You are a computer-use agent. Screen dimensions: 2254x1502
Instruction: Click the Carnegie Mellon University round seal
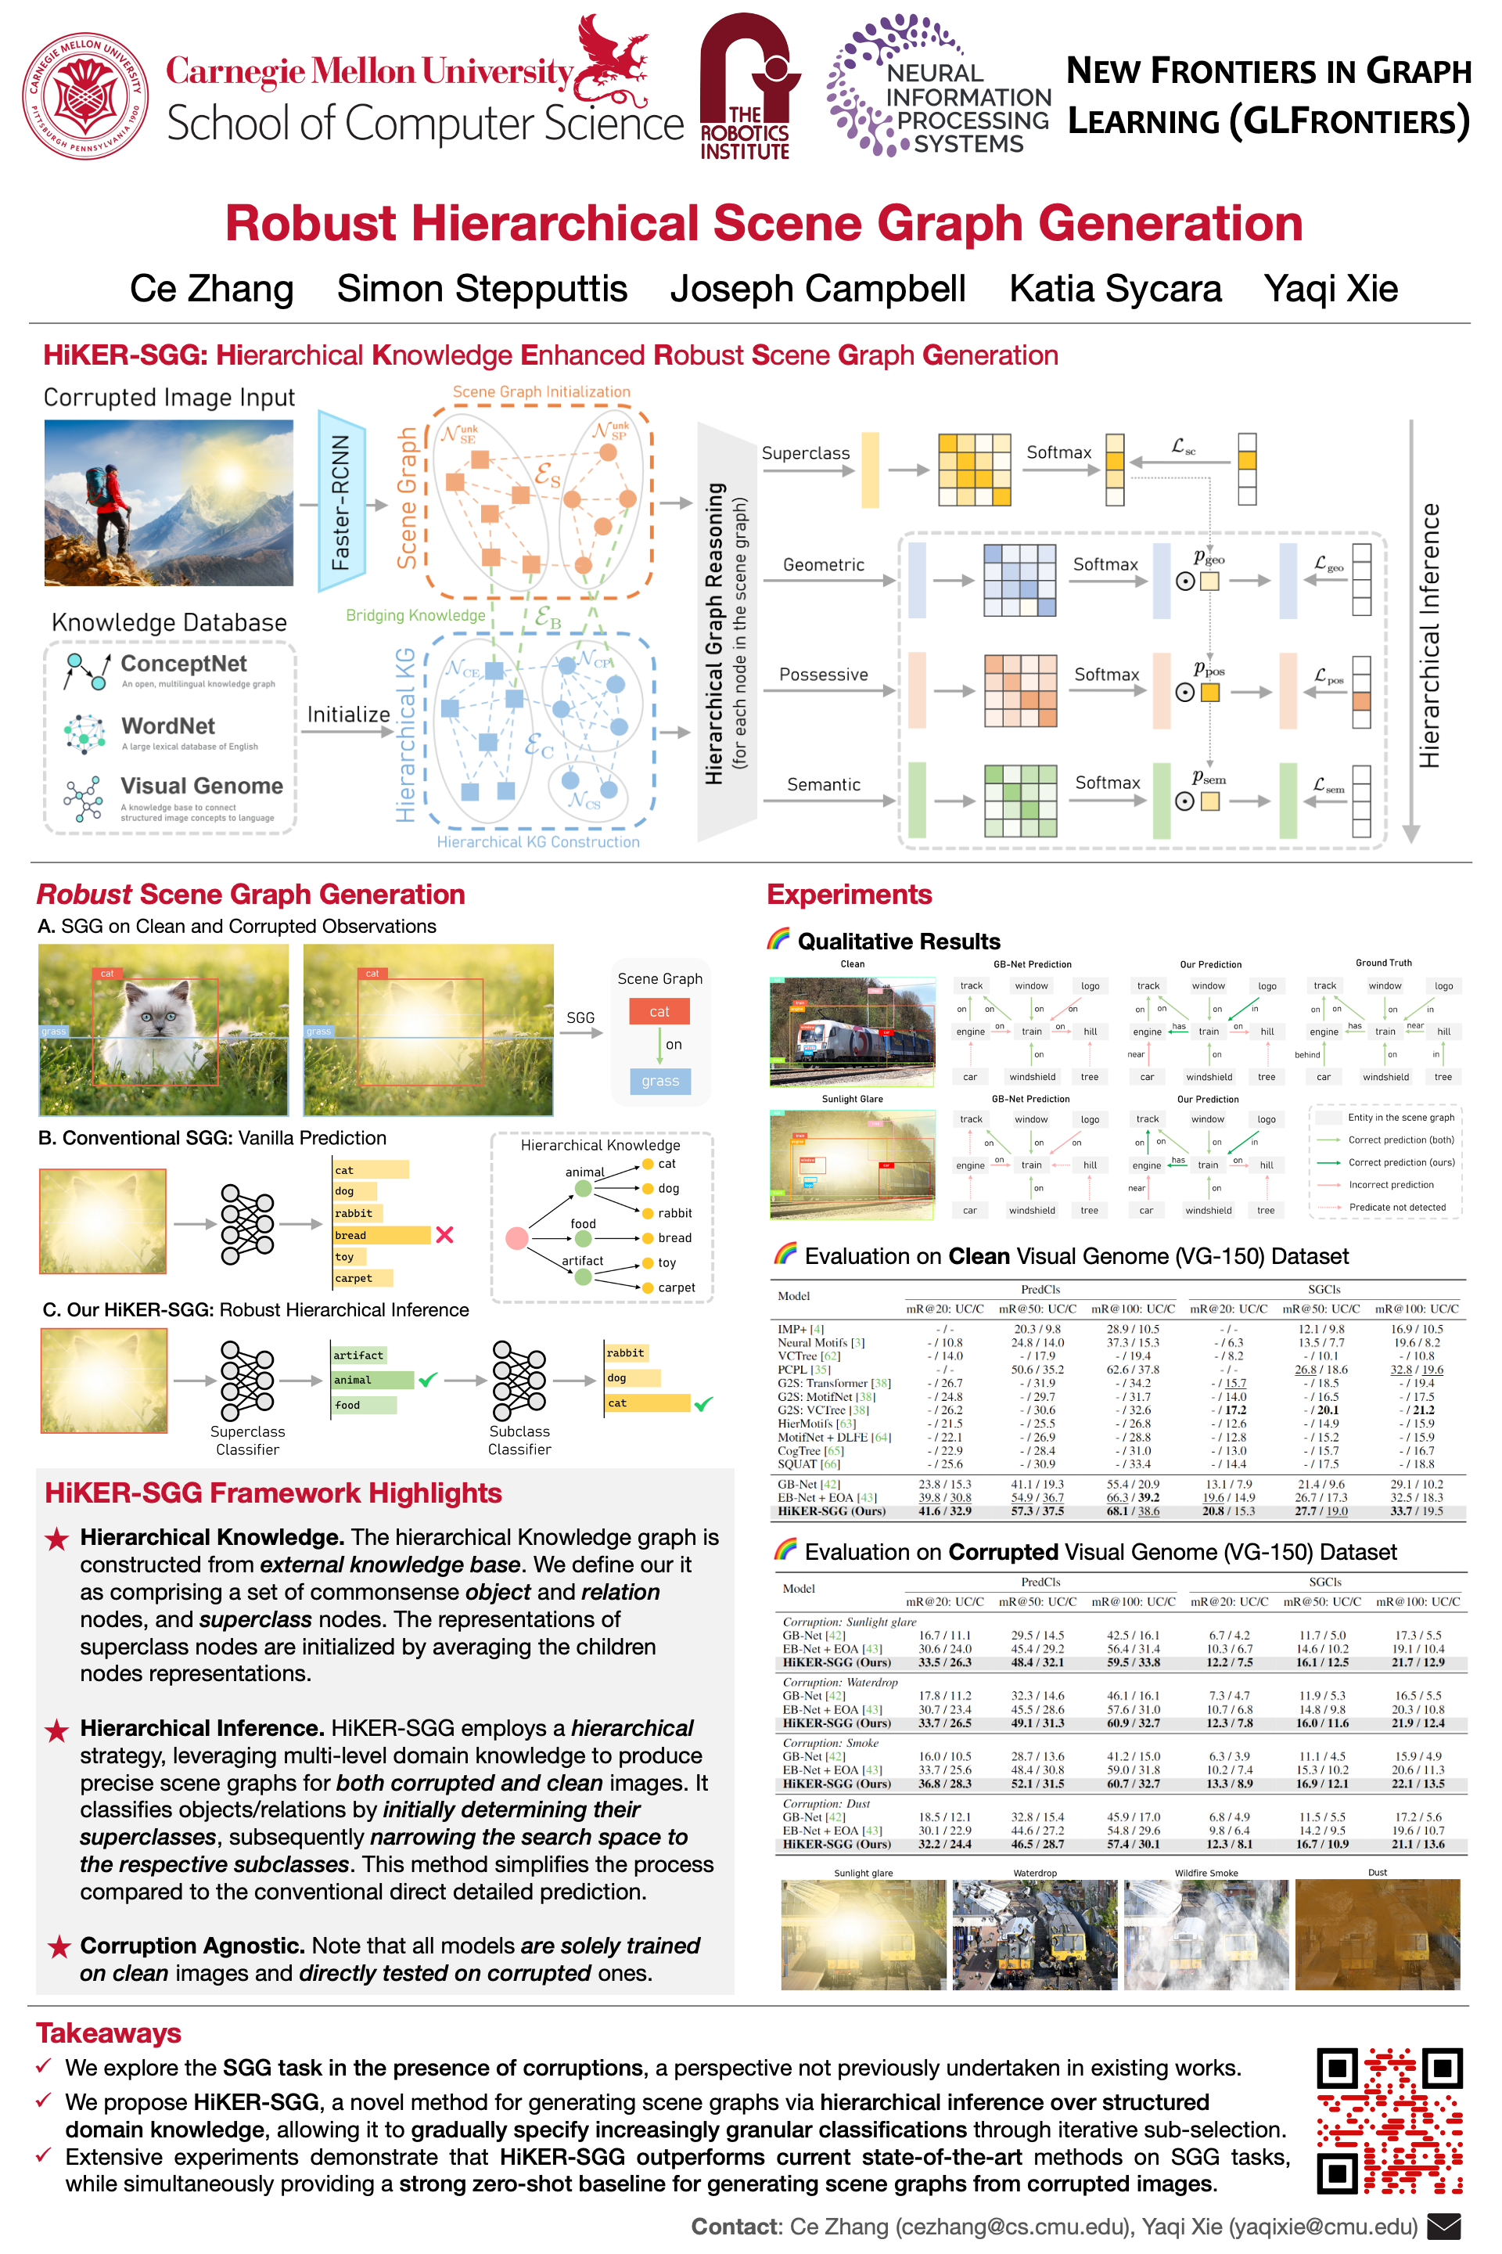[x=85, y=95]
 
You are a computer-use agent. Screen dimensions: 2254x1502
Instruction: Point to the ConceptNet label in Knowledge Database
[x=183, y=664]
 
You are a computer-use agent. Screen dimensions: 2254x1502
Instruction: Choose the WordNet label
[x=167, y=726]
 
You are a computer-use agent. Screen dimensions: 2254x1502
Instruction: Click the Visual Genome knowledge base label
[x=201, y=787]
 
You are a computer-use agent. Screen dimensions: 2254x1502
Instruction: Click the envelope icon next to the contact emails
[x=1443, y=2225]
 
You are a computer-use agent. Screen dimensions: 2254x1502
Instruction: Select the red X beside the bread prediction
[x=444, y=1235]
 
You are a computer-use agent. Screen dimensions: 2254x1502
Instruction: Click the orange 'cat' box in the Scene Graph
[x=659, y=1012]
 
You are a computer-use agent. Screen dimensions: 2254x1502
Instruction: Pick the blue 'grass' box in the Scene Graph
[x=660, y=1081]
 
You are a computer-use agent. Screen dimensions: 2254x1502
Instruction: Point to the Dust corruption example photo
[x=1377, y=1933]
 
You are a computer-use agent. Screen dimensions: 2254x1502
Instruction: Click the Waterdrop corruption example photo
[x=1034, y=1933]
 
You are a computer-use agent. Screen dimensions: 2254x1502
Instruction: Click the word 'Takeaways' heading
[x=108, y=2033]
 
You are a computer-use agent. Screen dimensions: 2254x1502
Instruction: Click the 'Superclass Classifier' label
[x=247, y=1440]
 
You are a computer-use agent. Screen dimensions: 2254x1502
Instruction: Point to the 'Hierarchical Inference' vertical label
[x=1429, y=636]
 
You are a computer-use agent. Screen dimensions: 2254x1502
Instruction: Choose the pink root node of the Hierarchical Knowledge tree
[x=516, y=1238]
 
